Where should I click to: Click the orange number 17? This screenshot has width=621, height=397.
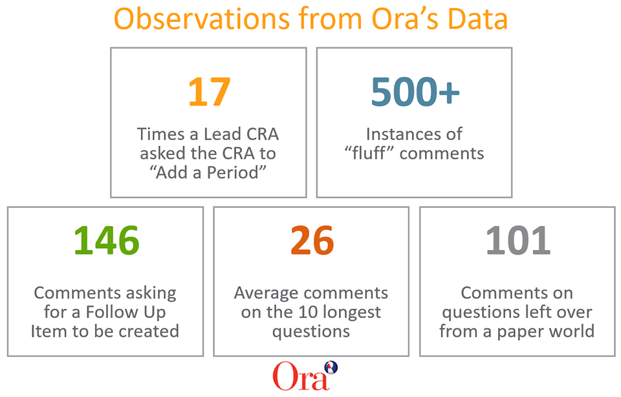[x=208, y=92]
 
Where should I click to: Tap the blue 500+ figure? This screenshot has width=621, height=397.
[x=415, y=92]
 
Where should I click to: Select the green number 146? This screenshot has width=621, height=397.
[x=106, y=240]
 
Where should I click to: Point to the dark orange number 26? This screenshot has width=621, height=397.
[x=312, y=240]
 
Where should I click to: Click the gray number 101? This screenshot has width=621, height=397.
[x=517, y=240]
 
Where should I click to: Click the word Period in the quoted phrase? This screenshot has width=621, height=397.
[x=237, y=173]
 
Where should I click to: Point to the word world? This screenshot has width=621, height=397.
[x=571, y=331]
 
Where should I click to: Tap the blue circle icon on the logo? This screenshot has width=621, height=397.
[x=331, y=368]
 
